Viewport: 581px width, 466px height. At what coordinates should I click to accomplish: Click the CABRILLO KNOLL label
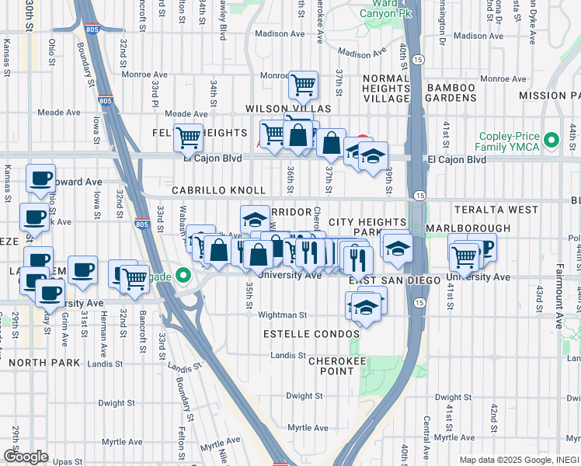tap(219, 190)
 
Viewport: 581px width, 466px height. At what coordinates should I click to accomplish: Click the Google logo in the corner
tap(26, 456)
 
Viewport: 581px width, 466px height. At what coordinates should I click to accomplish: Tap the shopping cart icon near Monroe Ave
tap(302, 84)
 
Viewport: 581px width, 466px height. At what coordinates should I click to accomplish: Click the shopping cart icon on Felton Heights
tap(188, 137)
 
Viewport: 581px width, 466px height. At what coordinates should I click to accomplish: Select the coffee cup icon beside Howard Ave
tap(40, 178)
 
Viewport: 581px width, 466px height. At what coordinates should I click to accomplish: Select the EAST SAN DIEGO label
tap(384, 280)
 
